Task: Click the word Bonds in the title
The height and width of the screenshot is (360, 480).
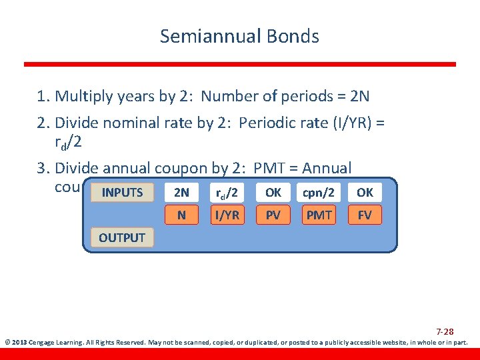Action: (293, 36)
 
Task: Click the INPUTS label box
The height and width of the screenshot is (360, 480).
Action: (122, 193)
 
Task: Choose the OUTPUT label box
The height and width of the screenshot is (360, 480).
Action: (121, 237)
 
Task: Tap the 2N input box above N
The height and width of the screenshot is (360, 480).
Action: (181, 193)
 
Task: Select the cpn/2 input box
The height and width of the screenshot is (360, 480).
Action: (319, 193)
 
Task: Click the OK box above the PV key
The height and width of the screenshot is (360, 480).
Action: (273, 193)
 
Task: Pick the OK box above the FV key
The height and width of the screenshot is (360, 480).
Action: (365, 193)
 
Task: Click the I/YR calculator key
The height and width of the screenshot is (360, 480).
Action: (227, 215)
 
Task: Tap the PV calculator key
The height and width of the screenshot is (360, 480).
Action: (273, 215)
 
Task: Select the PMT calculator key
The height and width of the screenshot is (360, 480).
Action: (319, 215)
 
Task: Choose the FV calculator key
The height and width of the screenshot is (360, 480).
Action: (365, 215)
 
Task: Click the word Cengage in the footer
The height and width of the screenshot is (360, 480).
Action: (42, 343)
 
